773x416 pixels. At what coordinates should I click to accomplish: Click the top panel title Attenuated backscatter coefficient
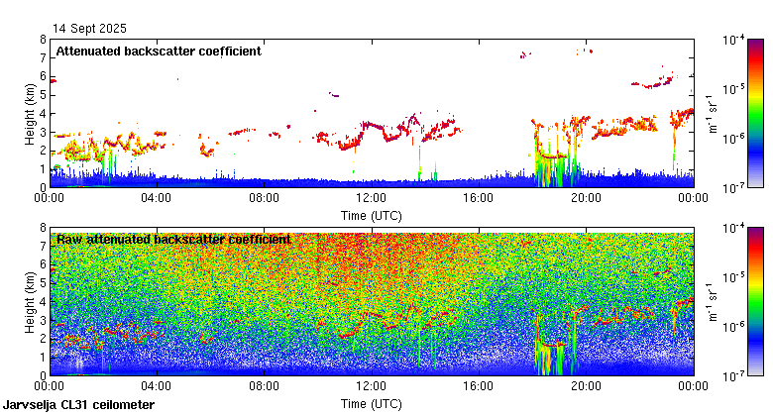(159, 52)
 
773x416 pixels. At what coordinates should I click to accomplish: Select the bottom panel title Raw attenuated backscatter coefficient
(173, 239)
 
